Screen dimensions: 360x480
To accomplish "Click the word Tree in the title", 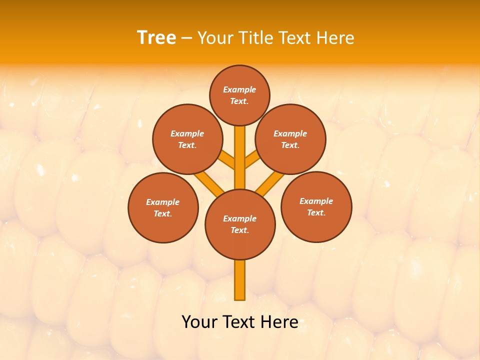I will (x=156, y=37).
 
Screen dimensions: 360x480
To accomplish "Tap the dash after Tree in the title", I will (x=186, y=38).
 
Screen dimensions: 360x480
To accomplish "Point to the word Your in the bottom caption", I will (x=199, y=322).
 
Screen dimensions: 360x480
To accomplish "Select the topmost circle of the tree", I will (x=239, y=95).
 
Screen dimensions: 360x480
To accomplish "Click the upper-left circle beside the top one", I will (x=187, y=139).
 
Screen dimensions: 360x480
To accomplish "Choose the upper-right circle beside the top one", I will (x=290, y=139).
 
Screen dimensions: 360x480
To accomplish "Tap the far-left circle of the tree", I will (x=163, y=207).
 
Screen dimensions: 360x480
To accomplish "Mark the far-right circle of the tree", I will (x=316, y=206).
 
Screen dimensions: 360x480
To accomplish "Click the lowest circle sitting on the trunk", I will (x=240, y=224).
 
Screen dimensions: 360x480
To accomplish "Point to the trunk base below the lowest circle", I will (x=240, y=280).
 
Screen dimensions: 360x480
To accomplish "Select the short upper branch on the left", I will (x=227, y=160).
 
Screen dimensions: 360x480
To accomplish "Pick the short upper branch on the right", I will (x=252, y=160).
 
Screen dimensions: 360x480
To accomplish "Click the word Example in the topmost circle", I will (x=239, y=89).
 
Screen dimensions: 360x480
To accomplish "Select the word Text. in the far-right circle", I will (x=316, y=212).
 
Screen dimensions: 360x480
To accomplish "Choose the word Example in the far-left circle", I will (x=162, y=202).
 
